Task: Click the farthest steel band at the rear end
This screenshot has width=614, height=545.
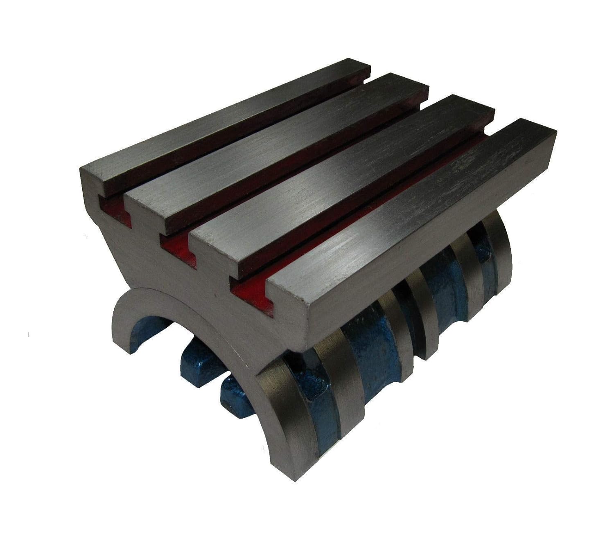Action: [x=501, y=254]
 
